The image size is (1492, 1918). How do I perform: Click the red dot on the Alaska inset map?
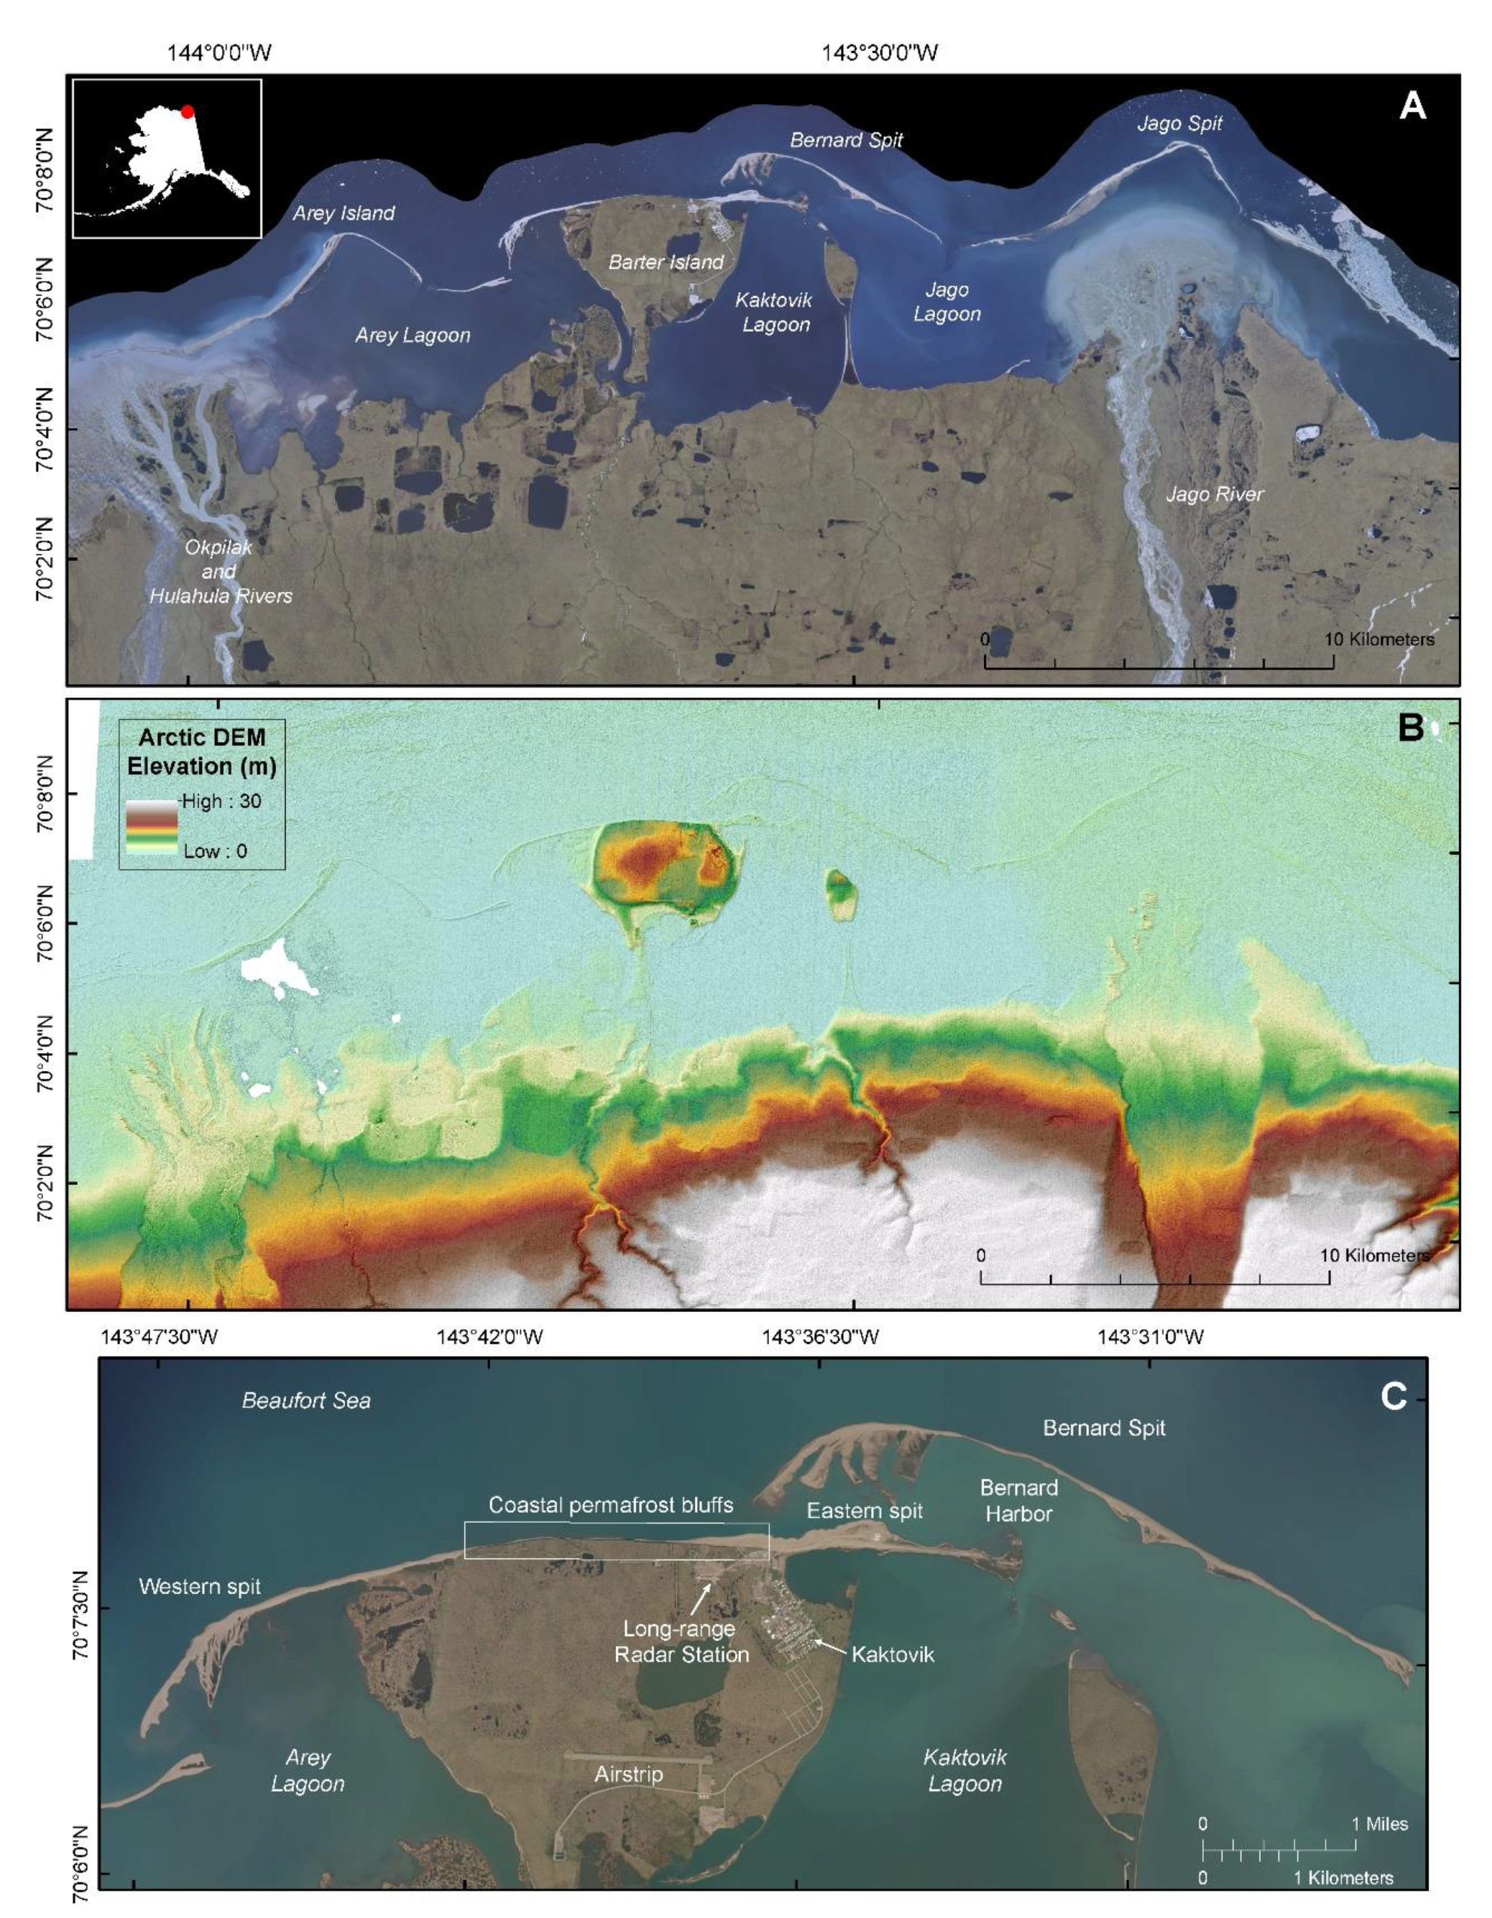click(187, 112)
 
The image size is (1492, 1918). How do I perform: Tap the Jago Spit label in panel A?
click(1179, 123)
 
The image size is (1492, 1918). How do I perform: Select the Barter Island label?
click(666, 262)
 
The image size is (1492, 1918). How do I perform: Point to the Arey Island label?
click(343, 212)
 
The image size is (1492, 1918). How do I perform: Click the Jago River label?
click(1214, 494)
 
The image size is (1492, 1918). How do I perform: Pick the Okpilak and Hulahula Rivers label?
click(220, 571)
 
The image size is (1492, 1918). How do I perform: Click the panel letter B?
click(1410, 728)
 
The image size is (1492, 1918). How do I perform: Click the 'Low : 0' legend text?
click(215, 851)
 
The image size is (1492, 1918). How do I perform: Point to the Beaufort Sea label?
click(306, 1400)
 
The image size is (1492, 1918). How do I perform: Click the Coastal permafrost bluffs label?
click(610, 1505)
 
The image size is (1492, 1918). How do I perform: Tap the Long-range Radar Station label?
click(682, 1641)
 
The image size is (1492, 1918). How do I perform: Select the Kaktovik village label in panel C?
click(892, 1654)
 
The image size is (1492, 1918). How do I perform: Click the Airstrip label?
click(628, 1774)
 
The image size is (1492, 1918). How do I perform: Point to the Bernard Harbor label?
click(1018, 1500)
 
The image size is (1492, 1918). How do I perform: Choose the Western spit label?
click(200, 1586)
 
